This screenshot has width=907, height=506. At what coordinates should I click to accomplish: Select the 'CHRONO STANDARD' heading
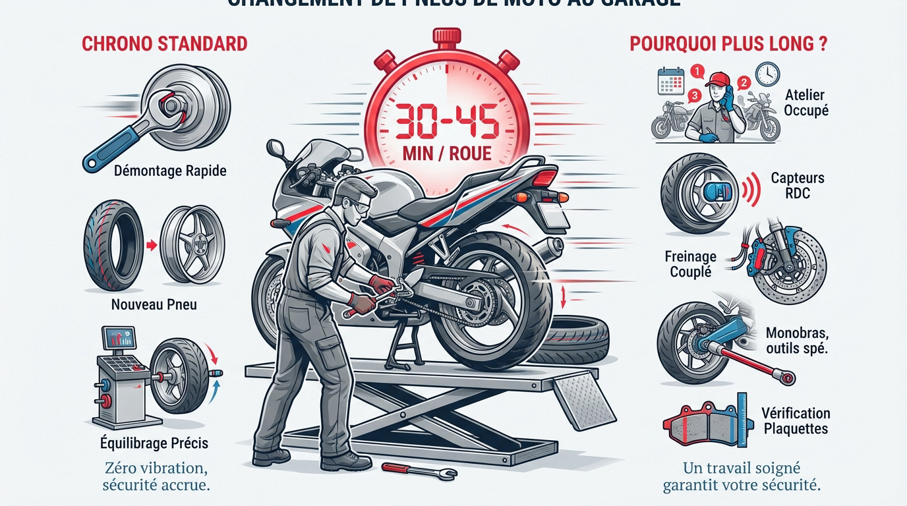pos(164,44)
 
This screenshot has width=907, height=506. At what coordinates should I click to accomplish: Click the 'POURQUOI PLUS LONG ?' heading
pos(728,44)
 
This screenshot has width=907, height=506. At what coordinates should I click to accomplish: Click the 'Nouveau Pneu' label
pos(154,305)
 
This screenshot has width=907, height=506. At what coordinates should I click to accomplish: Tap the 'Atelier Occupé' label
pos(805,103)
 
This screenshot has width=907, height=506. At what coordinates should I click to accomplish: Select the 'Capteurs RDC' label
pos(797,186)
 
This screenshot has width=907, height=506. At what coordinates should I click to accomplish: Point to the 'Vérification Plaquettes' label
pos(795,421)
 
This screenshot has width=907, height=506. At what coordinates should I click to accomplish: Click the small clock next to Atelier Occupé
pos(768,74)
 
